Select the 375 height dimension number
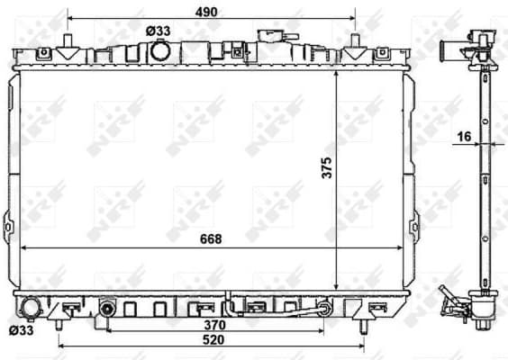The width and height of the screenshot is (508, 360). click(326, 168)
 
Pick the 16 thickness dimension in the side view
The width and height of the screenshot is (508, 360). click(464, 136)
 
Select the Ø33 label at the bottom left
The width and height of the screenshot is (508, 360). click(19, 329)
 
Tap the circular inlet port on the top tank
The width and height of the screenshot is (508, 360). click(160, 51)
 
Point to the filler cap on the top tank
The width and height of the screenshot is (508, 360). click(269, 36)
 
